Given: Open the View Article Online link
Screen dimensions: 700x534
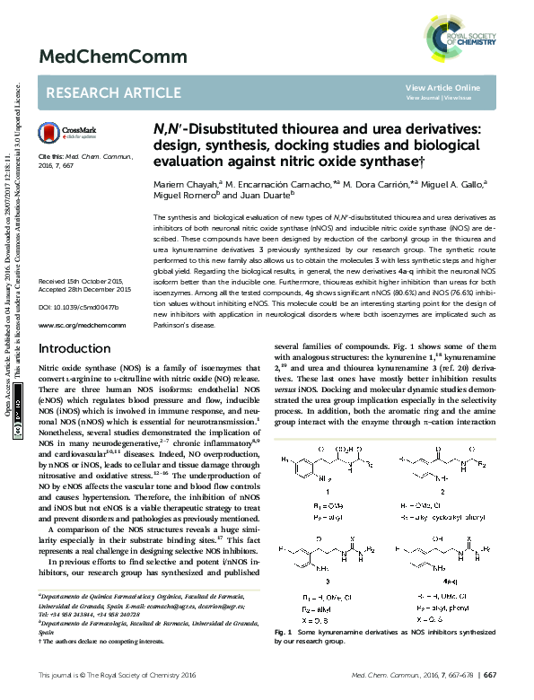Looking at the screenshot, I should click(442, 87).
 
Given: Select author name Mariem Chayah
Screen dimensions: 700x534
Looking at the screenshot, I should click(184, 185).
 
